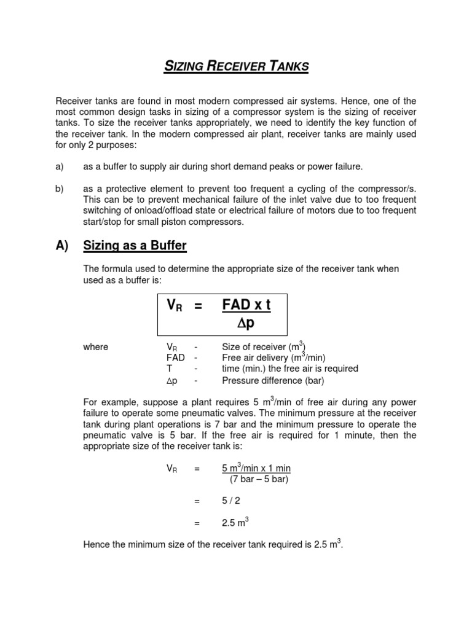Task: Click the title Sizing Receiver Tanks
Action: (x=236, y=66)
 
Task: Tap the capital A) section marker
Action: (x=62, y=246)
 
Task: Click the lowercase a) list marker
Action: (x=60, y=167)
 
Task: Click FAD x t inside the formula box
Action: (x=246, y=306)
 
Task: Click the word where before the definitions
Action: (x=95, y=347)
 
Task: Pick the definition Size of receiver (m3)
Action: (x=264, y=347)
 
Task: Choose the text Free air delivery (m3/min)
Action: (x=273, y=357)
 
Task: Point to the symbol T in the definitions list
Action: (x=169, y=369)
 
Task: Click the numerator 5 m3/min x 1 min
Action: (x=256, y=468)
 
